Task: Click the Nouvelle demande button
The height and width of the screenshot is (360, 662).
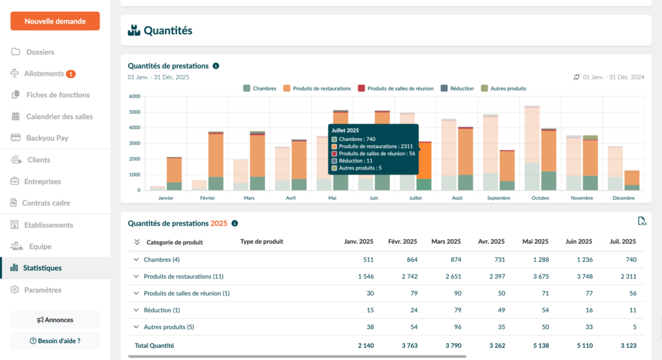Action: tap(55, 21)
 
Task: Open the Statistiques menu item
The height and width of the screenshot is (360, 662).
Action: tap(42, 268)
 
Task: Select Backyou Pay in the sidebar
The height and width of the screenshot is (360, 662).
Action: tap(47, 138)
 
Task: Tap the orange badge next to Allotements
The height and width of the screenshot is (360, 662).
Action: tap(71, 74)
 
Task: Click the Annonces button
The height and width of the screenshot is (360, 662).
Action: tap(55, 320)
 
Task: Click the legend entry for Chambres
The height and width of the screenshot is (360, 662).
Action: tap(260, 89)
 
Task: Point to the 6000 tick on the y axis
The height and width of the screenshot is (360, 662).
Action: tap(134, 96)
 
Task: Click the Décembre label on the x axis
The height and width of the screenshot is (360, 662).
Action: tap(624, 198)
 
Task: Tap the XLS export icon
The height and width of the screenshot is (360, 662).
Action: tap(642, 222)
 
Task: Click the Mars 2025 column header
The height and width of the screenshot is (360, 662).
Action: tap(445, 242)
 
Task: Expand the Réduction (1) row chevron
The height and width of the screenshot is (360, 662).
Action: tap(136, 310)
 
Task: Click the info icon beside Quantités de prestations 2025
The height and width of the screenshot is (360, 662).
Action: tap(235, 224)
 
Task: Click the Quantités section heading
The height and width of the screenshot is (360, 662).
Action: tap(167, 30)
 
